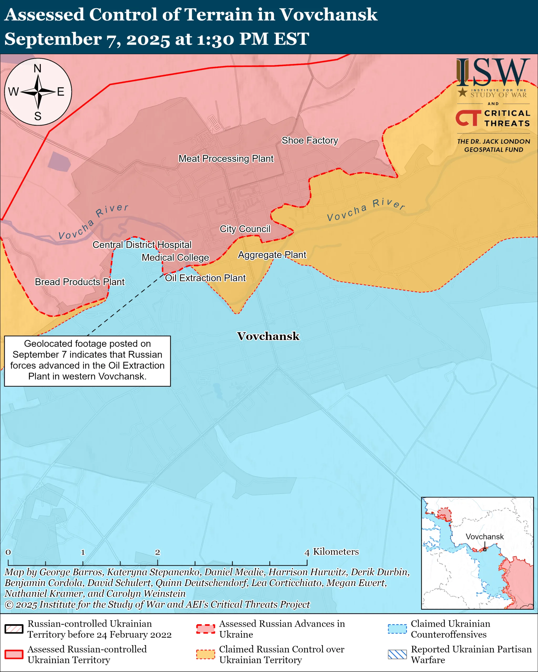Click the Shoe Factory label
coord(310,141)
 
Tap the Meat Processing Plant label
coord(226,159)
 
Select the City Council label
coord(245,229)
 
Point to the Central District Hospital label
coord(142,245)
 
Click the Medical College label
coord(175,258)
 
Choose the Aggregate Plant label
coord(272,255)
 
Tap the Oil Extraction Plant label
coord(205,278)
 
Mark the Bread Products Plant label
coord(80,282)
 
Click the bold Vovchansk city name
coord(268,336)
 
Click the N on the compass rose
coord(37,69)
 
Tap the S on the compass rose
coord(38,116)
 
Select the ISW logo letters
coord(493,72)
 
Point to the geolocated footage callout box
coord(87,361)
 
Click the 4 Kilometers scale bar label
coord(332,552)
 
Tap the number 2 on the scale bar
coord(158,552)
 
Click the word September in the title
coord(53,39)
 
